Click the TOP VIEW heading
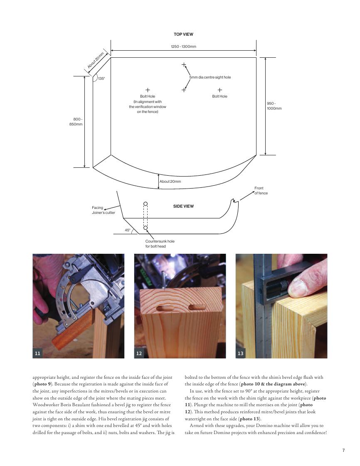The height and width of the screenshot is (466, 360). [183, 34]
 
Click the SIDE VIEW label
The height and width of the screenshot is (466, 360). [183, 206]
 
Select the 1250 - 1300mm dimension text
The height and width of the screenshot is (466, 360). [183, 47]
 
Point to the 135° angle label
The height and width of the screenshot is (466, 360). [101, 78]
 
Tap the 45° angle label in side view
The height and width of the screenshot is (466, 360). [128, 230]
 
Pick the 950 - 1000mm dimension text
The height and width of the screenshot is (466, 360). [274, 106]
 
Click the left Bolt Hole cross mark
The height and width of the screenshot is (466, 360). [148, 90]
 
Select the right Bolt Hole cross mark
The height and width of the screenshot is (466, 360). [220, 90]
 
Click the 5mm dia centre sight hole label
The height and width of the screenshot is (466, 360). [210, 78]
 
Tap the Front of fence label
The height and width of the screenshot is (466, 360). [261, 191]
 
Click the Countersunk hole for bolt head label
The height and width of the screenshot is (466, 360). [160, 243]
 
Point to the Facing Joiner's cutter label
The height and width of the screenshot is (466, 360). [103, 210]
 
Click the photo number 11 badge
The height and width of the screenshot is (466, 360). [38, 353]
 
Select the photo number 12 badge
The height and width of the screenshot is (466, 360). [139, 353]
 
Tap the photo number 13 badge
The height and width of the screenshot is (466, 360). [241, 353]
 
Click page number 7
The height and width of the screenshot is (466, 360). [343, 450]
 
